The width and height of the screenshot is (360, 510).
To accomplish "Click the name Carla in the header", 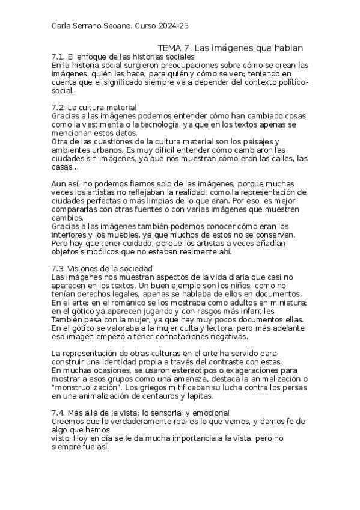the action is [x=63, y=26].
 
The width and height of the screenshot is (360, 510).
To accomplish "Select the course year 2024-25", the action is [x=175, y=26].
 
